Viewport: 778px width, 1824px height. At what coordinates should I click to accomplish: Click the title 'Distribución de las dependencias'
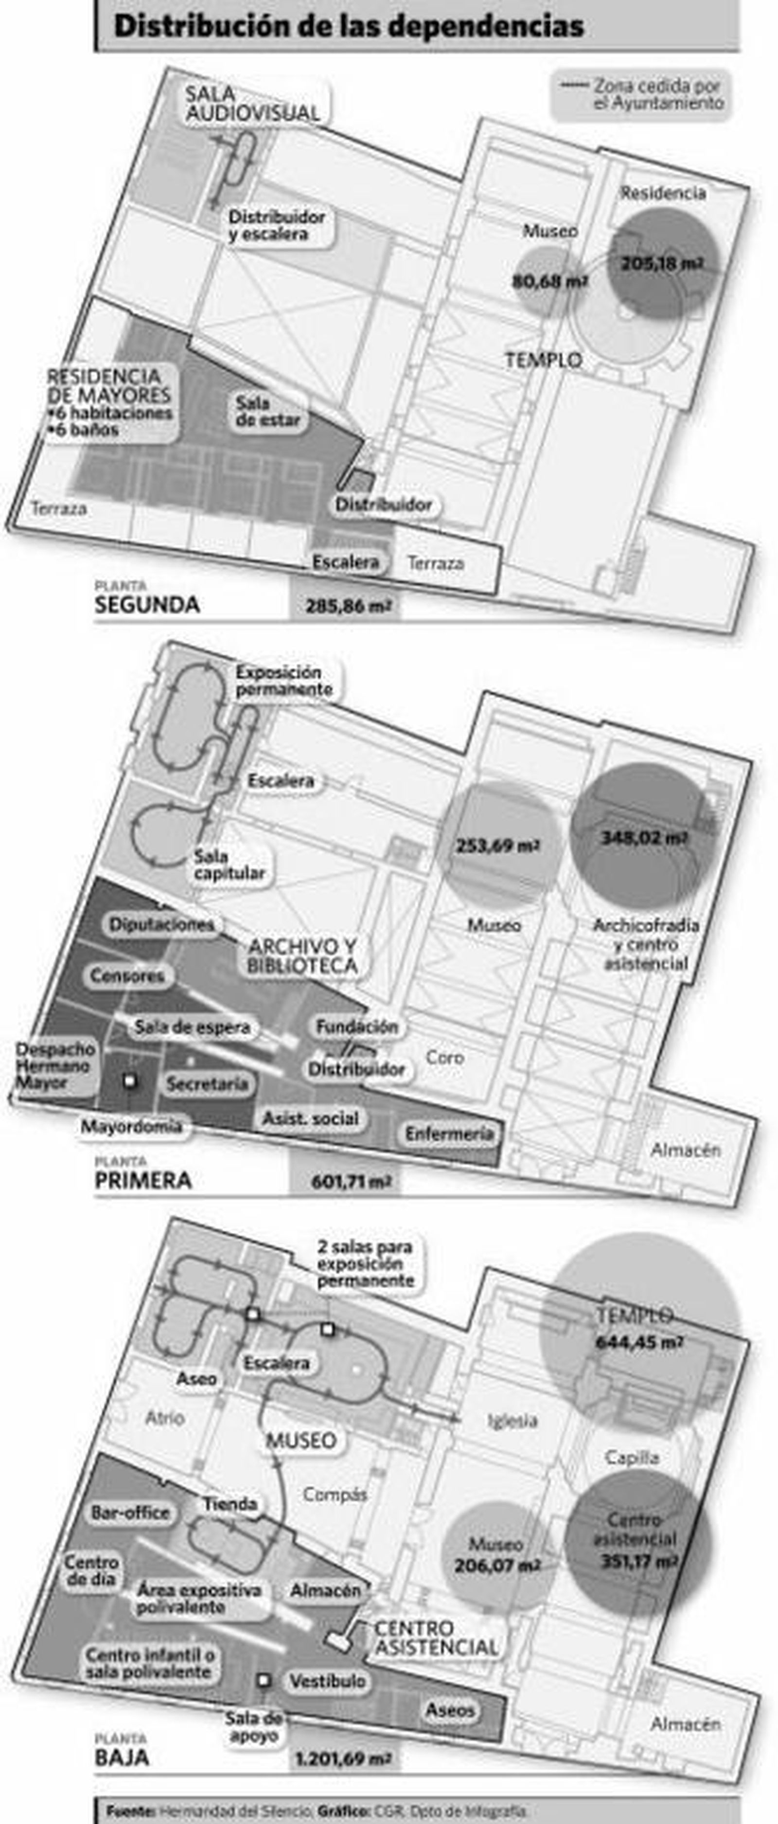(x=348, y=26)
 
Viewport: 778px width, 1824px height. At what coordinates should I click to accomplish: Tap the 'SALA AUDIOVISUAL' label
(x=252, y=103)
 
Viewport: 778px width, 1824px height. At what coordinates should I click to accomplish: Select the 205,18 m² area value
(x=662, y=263)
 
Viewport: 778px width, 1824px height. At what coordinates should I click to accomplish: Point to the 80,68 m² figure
(x=550, y=281)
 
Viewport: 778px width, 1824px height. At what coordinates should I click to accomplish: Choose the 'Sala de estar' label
(x=267, y=412)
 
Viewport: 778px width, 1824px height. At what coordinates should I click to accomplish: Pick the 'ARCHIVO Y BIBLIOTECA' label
(x=302, y=955)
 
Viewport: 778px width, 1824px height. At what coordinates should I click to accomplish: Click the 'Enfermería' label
(x=449, y=1134)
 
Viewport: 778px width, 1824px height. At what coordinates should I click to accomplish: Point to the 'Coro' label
(x=444, y=1057)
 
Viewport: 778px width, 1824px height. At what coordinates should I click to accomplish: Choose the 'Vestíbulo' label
(x=327, y=1680)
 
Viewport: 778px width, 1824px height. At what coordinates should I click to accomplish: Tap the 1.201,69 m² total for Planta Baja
(x=345, y=1758)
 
